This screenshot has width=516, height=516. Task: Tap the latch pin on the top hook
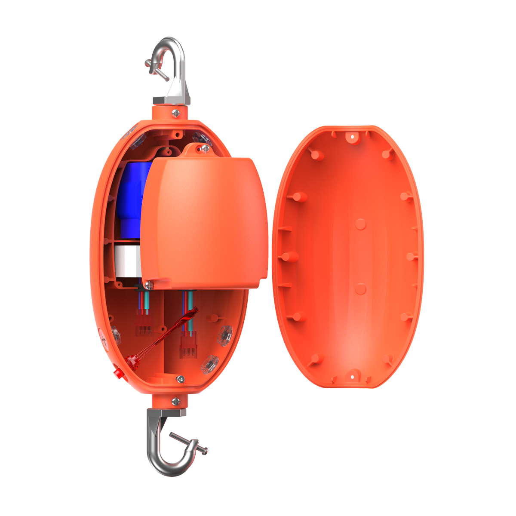(x=154, y=69)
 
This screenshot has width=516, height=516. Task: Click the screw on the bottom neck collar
(x=175, y=401)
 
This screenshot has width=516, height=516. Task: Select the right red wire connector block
(x=188, y=344)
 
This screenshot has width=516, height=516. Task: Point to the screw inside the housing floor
(x=181, y=379)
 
